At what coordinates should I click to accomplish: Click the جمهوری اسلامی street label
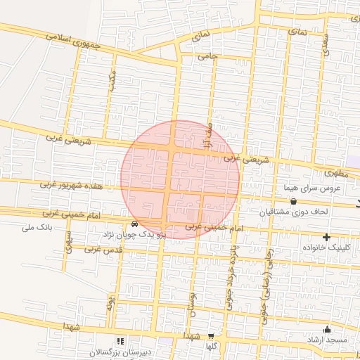point(73,41)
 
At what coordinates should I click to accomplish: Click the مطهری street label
point(336,172)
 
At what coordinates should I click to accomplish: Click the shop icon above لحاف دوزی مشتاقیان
point(293,202)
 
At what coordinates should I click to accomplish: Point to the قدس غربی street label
point(104,249)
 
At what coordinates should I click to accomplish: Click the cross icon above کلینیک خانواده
point(326,238)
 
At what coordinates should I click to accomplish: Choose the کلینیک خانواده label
point(326,248)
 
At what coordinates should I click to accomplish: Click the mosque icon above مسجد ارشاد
point(326,329)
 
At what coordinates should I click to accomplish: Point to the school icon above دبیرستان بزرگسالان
point(118,340)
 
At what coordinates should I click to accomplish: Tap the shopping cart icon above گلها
point(210,336)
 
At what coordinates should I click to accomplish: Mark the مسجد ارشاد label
point(326,340)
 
